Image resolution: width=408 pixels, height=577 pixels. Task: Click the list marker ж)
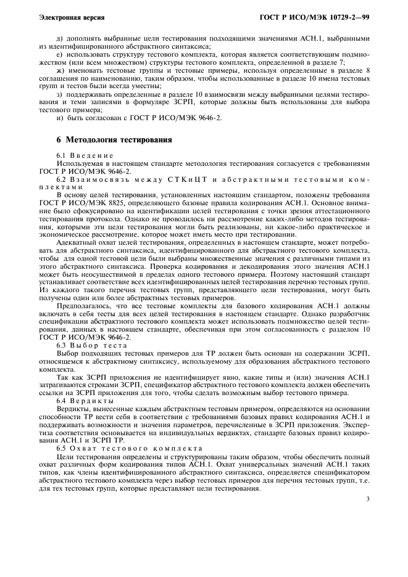click(x=60, y=72)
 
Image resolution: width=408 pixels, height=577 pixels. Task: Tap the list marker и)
click(x=60, y=118)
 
